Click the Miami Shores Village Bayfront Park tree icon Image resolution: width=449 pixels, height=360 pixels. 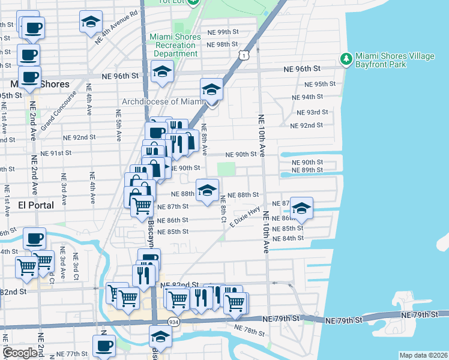346,59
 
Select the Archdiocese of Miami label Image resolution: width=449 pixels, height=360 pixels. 164,100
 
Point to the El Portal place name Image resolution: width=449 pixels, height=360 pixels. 28,205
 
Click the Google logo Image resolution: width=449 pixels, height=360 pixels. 19,353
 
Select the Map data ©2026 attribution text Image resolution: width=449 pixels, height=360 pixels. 423,355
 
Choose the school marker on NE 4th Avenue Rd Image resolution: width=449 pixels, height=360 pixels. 91,22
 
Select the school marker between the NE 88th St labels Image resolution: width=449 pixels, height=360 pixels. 207,190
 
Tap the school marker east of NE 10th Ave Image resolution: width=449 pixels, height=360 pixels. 301,208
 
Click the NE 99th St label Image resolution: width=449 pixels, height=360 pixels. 222,32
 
